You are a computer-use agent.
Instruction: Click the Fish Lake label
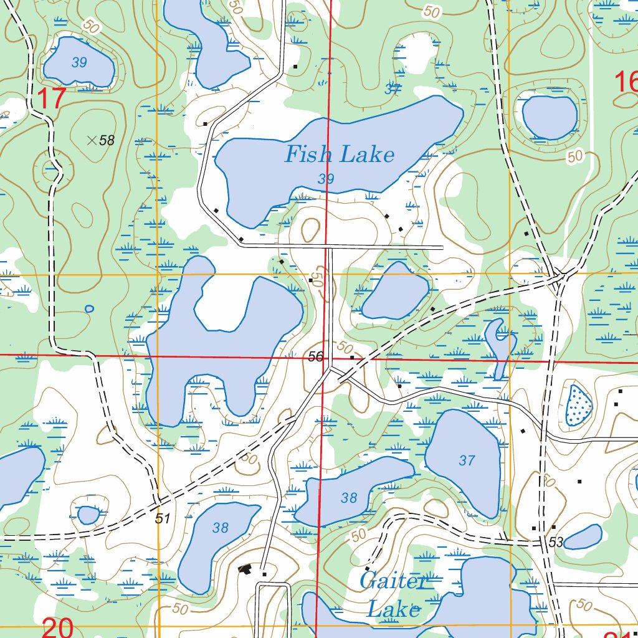coord(340,155)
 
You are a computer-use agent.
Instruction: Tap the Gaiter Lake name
coord(393,595)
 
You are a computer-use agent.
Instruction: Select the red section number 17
coord(51,98)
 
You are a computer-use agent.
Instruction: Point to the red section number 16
coord(626,82)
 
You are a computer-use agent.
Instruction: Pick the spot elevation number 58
coord(107,140)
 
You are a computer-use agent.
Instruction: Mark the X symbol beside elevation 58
coord(92,140)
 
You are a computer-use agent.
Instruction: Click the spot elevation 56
coord(316,356)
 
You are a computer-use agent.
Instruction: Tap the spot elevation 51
coord(163,518)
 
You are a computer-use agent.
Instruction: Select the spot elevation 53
coord(556,543)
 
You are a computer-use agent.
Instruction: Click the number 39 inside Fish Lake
coord(326,179)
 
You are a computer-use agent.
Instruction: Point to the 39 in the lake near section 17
coord(79,62)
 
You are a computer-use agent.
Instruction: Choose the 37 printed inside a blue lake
coord(467,460)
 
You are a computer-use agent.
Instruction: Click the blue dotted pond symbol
coord(578,405)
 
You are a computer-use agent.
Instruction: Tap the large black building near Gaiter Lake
coord(245,568)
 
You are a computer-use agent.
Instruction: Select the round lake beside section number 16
coord(550,117)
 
